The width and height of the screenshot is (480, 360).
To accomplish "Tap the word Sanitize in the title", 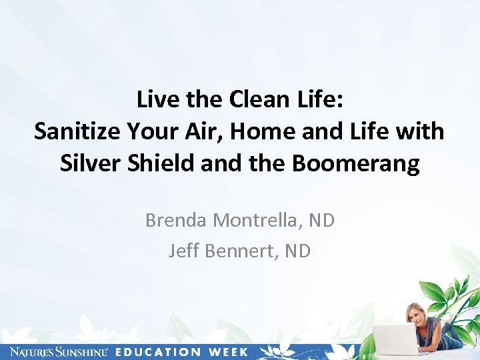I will [76, 131].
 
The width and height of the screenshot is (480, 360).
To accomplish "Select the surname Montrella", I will [254, 221].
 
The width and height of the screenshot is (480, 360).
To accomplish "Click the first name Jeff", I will [183, 251].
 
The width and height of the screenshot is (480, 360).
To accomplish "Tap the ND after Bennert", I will [298, 251].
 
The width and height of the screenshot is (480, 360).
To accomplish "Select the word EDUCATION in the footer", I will [158, 351].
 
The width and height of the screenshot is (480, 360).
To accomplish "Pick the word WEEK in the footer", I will [227, 351].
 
